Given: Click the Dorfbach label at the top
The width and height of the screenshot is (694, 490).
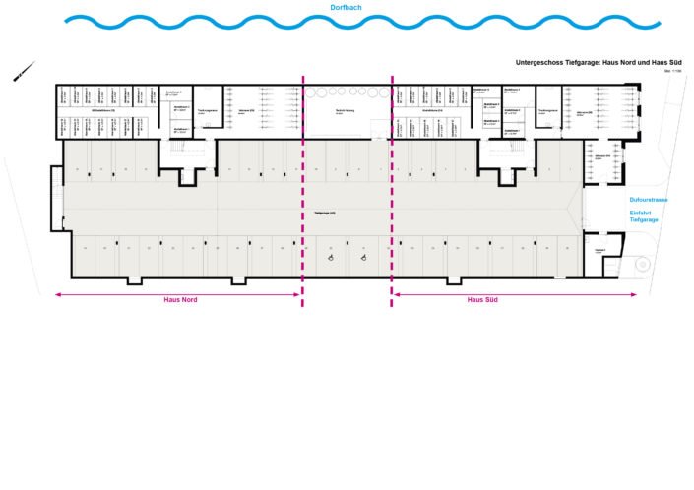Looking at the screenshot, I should click(347, 7).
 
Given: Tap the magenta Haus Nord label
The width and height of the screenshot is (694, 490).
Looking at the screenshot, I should click(180, 300).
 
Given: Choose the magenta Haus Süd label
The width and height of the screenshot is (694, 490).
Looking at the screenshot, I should click(482, 300).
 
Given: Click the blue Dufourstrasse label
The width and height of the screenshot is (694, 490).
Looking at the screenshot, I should click(649, 200).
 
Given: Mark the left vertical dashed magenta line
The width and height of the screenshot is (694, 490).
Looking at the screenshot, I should click(303, 187).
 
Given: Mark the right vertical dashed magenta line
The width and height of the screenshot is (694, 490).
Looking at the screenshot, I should click(392, 187).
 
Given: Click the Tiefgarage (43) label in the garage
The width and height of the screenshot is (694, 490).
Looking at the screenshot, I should click(325, 214).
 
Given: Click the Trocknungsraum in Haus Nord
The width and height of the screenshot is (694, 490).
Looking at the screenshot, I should click(208, 112).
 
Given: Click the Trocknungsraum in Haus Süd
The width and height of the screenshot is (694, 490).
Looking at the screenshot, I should click(548, 112).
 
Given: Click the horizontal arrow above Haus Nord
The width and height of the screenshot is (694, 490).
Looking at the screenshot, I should click(177, 292).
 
